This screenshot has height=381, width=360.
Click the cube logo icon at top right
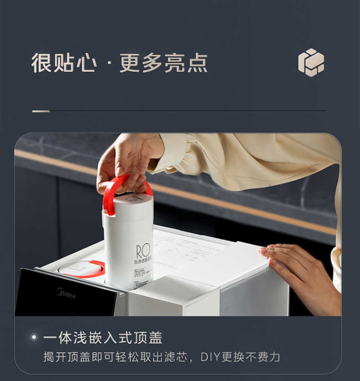[311, 62]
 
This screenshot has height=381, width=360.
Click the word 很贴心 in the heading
[64, 63]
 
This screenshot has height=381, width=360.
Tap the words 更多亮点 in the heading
[163, 63]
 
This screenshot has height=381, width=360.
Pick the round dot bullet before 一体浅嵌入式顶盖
[33, 337]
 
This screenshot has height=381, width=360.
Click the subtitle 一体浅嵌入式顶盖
[103, 337]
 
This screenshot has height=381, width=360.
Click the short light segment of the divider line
[41, 111]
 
